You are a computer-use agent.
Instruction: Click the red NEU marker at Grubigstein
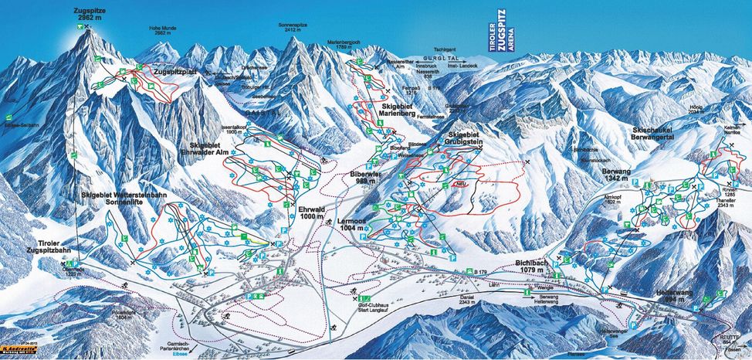tap(461, 185)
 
